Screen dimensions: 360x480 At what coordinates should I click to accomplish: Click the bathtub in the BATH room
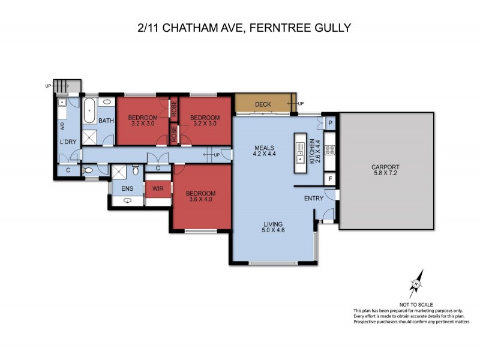[x=88, y=112]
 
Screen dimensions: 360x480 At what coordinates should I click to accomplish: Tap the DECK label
[x=263, y=104]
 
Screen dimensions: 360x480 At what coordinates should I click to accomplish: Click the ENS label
[x=127, y=189]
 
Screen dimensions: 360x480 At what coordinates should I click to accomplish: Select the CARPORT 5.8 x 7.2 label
[x=386, y=170]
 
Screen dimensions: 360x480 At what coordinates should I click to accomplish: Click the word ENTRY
[x=314, y=199]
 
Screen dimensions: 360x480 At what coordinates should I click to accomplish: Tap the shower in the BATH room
[x=92, y=137]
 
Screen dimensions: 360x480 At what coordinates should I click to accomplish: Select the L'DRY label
[x=67, y=142]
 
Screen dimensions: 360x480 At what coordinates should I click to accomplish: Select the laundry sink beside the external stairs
[x=62, y=103]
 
